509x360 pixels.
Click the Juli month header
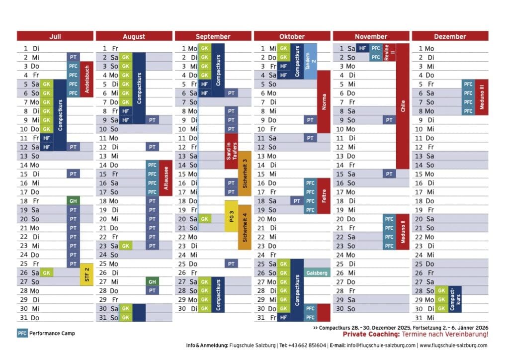(x=55, y=36)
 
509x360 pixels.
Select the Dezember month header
(x=450, y=36)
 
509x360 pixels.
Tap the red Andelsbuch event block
(x=86, y=80)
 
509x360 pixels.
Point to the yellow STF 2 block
(x=86, y=274)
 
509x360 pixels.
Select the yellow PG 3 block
(x=231, y=216)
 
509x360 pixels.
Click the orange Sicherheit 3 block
(x=245, y=174)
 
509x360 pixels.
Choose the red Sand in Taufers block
(x=231, y=151)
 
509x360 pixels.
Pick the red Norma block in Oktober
(x=324, y=102)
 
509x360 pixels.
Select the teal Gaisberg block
(x=317, y=273)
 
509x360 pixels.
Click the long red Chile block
(x=403, y=106)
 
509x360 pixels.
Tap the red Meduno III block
(x=482, y=97)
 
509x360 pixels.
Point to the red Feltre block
(x=324, y=196)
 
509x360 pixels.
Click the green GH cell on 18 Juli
(x=73, y=201)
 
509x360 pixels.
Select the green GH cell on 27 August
(x=152, y=281)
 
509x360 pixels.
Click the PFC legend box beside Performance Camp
(x=22, y=333)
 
